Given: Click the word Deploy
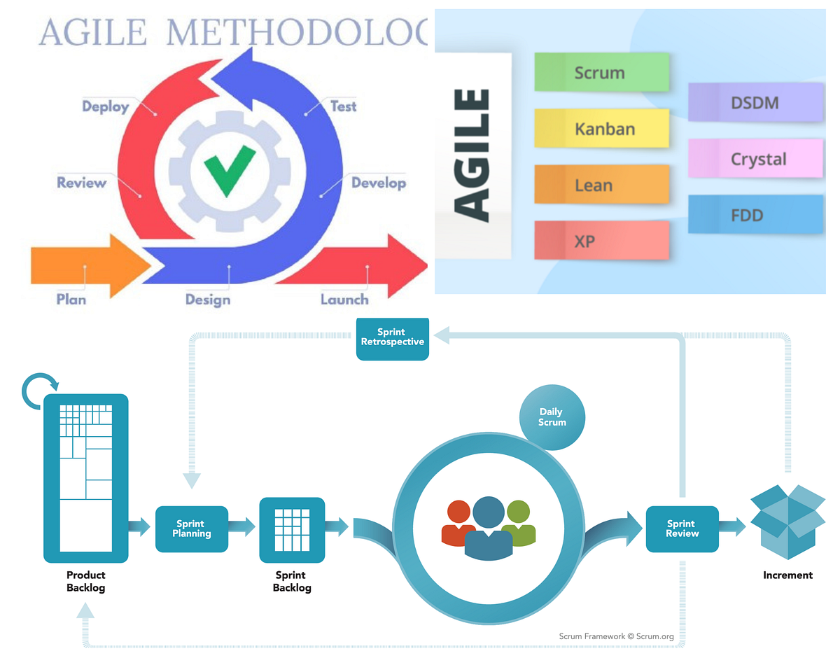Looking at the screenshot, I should tap(106, 107).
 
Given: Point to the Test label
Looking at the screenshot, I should tap(343, 106).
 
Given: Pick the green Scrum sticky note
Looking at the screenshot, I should tap(601, 73).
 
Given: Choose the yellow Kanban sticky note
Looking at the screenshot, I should tap(601, 129).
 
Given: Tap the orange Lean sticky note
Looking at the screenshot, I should tap(601, 185).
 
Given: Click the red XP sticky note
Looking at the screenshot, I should tap(601, 241).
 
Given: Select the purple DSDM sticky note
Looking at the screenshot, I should tap(755, 103).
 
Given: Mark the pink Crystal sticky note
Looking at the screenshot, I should tap(755, 159).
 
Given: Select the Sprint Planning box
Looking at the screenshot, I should tap(192, 528).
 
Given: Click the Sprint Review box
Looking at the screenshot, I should tap(682, 528).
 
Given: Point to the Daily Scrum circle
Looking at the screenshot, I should tap(552, 418).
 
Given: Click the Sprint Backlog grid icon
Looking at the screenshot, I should tap(292, 530).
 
